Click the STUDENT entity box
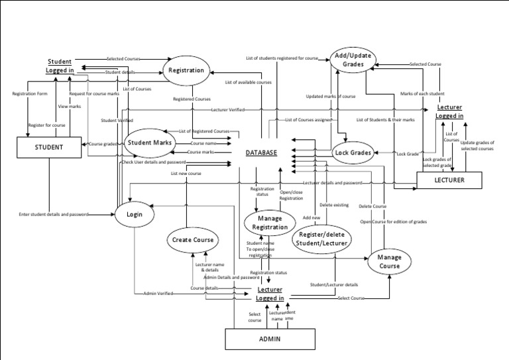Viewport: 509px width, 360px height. tap(49, 147)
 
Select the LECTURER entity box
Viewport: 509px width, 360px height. tap(449, 180)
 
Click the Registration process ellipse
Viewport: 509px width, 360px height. tap(187, 70)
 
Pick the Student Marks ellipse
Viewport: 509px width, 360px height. tap(150, 142)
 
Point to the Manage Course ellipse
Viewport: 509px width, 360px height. tap(389, 261)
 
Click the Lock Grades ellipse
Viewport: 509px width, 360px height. tap(353, 152)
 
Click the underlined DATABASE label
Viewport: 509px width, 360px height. tap(261, 152)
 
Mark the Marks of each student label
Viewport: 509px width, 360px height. tap(423, 94)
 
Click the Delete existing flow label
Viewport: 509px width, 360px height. tap(334, 205)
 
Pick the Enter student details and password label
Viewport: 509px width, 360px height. tap(54, 214)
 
